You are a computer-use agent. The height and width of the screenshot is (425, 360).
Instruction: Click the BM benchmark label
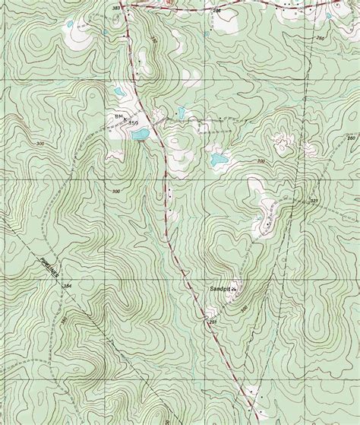(118, 116)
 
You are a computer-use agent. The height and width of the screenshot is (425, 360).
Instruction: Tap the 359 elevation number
(134, 122)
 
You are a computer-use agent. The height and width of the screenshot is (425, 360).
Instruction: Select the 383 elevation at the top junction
(116, 6)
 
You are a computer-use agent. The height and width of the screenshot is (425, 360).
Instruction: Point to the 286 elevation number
(216, 11)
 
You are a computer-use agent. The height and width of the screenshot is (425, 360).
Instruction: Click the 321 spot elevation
(314, 201)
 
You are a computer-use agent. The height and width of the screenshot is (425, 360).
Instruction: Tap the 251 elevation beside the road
(211, 323)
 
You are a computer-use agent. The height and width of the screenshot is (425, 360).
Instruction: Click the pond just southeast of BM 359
(138, 135)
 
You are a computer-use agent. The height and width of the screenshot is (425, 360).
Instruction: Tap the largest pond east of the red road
(219, 160)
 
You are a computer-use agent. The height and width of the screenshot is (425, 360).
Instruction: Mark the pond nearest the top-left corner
(70, 24)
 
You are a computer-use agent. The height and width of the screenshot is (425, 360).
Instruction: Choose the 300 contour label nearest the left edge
(39, 143)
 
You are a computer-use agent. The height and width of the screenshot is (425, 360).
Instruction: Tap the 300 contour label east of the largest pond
(261, 160)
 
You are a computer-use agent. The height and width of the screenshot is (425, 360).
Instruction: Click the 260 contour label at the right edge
(351, 138)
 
